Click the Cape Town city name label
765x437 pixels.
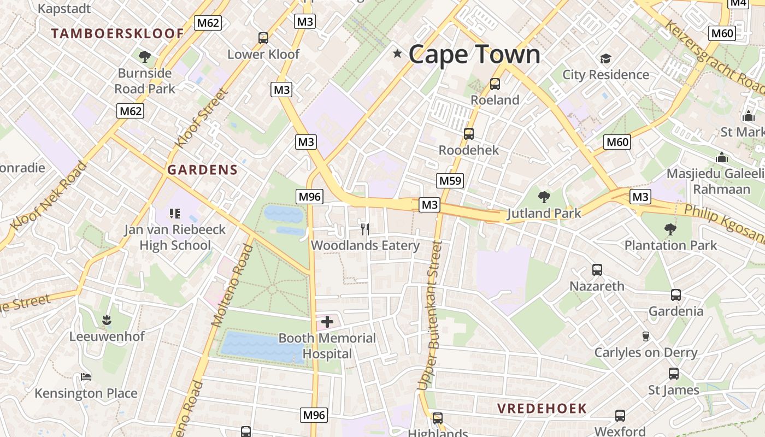pos(474,55)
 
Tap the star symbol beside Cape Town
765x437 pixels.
pos(397,54)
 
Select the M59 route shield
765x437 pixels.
pos(450,181)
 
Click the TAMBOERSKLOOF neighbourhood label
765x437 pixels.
pos(117,33)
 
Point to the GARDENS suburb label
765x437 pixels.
pos(203,170)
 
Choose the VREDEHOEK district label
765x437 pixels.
pos(542,408)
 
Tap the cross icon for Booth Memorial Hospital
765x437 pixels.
pos(327,322)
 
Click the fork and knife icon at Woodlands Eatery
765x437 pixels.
pos(365,229)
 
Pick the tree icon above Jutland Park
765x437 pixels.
pos(544,197)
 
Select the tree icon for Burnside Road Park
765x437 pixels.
pos(145,57)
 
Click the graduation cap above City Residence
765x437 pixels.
pos(605,58)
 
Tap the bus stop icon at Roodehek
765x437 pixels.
pos(468,134)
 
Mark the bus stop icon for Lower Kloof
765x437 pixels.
pos(263,38)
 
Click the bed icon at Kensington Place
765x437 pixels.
pos(86,377)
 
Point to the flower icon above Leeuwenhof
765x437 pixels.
pos(107,320)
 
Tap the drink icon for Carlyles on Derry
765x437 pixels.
pos(645,336)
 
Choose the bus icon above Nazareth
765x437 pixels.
pos(597,270)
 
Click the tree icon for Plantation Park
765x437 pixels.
pos(670,229)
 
